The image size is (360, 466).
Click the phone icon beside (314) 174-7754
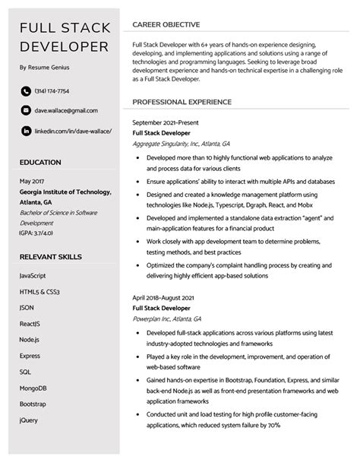26,91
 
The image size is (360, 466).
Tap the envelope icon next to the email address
26,111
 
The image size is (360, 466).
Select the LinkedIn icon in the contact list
26,131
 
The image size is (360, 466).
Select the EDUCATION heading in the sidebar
41,163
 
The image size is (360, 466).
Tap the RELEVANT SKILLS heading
52,255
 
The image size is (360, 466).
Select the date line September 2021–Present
169,122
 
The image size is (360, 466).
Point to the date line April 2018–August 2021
168,297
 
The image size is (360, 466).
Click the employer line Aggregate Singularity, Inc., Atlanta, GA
180,143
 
